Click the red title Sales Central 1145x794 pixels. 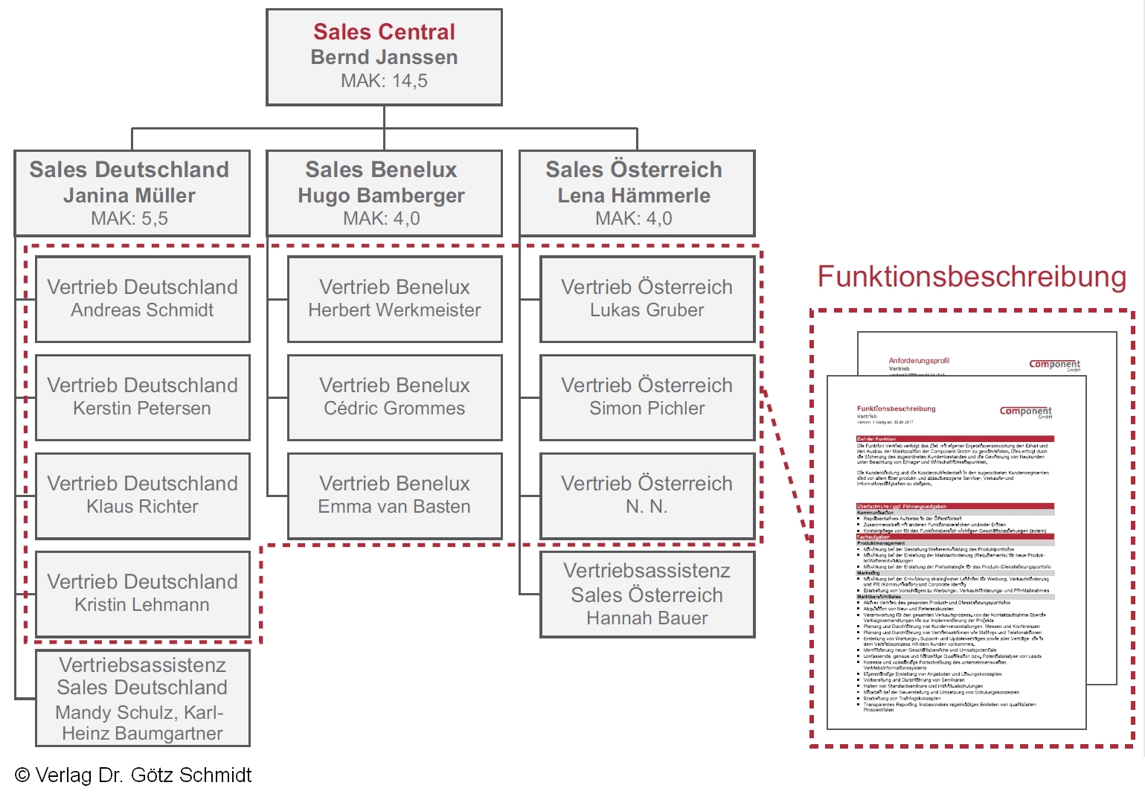[384, 32]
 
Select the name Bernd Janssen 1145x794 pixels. [384, 57]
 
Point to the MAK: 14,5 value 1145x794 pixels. [384, 81]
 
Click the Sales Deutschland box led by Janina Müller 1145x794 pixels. [132, 193]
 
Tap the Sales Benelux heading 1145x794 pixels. [381, 170]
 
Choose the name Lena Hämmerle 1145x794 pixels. [634, 196]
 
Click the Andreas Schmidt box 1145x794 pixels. [143, 299]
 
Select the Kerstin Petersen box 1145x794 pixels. [143, 397]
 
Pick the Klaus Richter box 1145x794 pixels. [143, 496]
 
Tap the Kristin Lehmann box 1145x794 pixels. [143, 594]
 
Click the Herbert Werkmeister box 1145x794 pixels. [395, 299]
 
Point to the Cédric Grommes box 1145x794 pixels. [395, 397]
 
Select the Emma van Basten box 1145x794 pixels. [395, 496]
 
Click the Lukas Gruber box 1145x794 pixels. [647, 299]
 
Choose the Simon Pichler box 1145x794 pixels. [647, 397]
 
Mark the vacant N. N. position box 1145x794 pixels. [647, 496]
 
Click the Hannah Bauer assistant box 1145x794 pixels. [647, 595]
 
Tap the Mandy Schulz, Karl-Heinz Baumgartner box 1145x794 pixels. [143, 698]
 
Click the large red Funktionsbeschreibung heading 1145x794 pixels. [972, 277]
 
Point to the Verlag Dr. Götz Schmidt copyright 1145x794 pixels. [134, 775]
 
